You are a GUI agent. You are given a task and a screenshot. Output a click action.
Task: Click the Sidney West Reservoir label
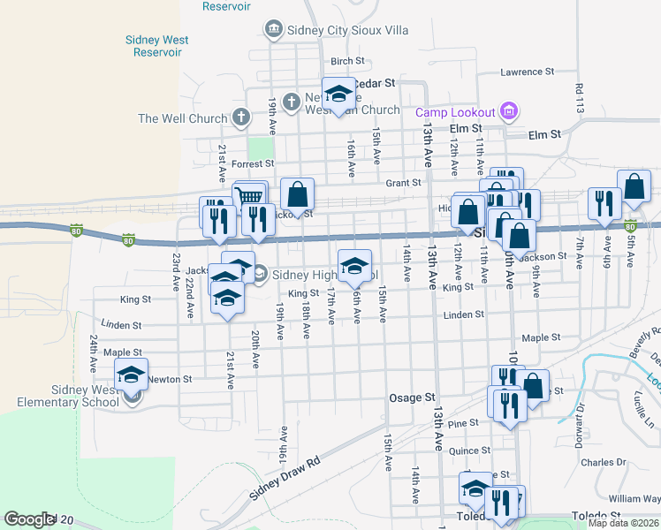(x=152, y=46)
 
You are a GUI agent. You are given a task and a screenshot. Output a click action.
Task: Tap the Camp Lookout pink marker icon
(x=507, y=111)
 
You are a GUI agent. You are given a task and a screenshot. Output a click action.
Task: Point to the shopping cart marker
(x=251, y=198)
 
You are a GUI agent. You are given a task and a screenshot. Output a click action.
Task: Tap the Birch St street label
(x=347, y=61)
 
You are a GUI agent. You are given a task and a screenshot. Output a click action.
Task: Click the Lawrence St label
(x=527, y=72)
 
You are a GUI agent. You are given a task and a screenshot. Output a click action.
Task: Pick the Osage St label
(x=413, y=398)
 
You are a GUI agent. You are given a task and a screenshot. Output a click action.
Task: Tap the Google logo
(x=29, y=519)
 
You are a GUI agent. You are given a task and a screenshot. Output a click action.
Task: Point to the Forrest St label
(x=253, y=163)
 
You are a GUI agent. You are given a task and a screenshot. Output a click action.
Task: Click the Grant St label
(x=403, y=183)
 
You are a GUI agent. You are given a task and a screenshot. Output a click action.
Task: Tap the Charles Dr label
(x=604, y=462)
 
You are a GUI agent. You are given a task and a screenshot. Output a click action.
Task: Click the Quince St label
(x=469, y=450)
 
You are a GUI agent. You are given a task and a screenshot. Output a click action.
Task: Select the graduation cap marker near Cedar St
(x=337, y=95)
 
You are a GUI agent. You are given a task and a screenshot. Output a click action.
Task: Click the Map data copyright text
(x=624, y=523)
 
